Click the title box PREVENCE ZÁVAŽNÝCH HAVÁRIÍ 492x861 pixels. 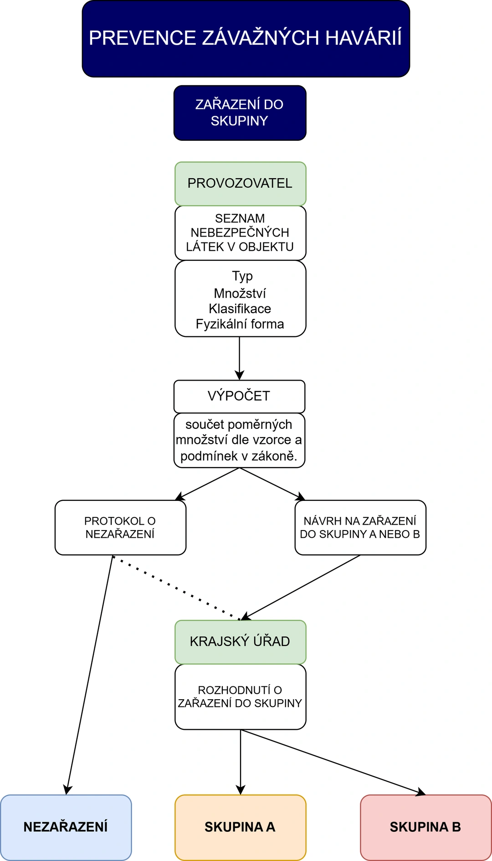(246, 39)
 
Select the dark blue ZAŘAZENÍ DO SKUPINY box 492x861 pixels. (240, 113)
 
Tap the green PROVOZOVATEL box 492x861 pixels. (241, 184)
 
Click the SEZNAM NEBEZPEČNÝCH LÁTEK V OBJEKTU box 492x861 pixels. (241, 233)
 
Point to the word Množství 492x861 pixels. (240, 293)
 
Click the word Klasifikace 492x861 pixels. (240, 309)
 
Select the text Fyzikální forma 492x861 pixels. (240, 324)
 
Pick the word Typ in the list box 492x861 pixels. (242, 276)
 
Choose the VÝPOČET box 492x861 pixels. (240, 397)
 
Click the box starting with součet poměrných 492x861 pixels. (240, 440)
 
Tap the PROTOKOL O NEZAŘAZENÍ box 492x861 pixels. (121, 527)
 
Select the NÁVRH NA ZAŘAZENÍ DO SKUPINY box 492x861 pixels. (360, 527)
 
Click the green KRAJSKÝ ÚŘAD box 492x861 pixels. (241, 642)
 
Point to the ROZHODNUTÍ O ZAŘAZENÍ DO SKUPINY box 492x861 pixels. (241, 697)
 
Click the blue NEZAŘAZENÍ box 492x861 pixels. (66, 828)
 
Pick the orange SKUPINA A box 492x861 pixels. (241, 828)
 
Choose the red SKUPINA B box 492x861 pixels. (426, 828)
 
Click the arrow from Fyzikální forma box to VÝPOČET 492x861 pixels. (240, 358)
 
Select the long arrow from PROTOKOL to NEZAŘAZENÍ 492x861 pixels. (90, 675)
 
